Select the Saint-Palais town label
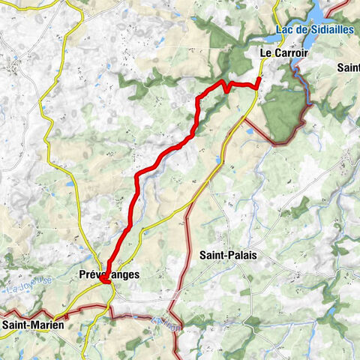(x=231, y=255)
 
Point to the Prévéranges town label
(x=109, y=275)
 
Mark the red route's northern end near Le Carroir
(x=259, y=78)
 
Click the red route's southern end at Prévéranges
(x=106, y=281)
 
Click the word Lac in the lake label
(x=284, y=29)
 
